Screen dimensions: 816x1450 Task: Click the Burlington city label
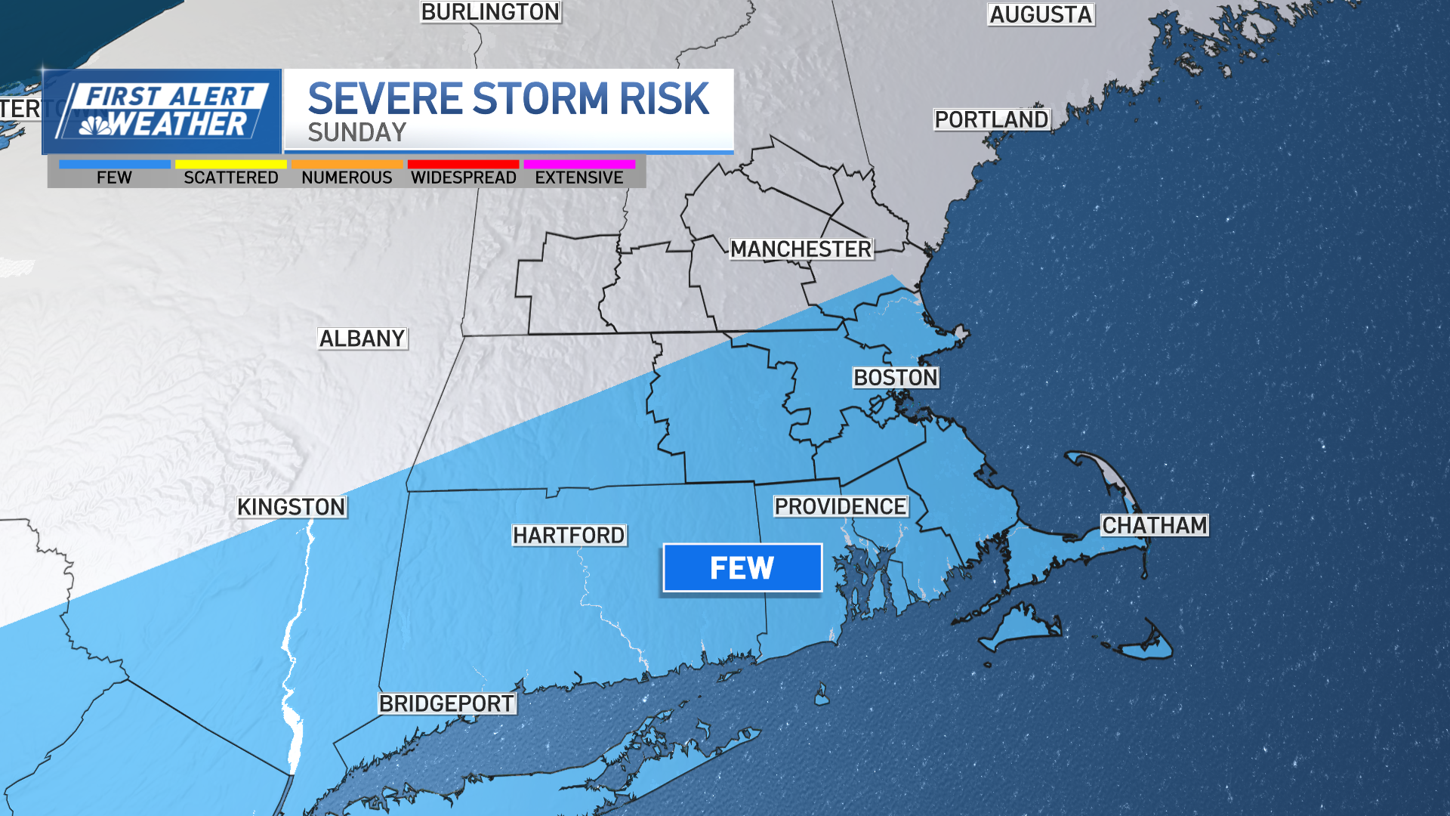(x=490, y=12)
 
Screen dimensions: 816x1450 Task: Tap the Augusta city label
(x=1041, y=14)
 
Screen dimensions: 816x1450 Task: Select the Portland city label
(x=991, y=119)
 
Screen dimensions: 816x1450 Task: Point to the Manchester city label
(x=801, y=249)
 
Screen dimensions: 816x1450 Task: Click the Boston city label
(x=895, y=377)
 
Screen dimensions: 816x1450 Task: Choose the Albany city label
(x=362, y=338)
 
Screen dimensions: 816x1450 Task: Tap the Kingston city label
(x=291, y=506)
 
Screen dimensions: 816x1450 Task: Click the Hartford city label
(x=569, y=535)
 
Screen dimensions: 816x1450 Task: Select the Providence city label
(x=840, y=506)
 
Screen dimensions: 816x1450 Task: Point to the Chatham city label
(x=1154, y=525)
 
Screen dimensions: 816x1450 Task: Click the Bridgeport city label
(x=446, y=703)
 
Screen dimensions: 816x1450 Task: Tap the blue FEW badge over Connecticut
(x=742, y=567)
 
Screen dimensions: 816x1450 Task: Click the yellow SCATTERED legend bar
(x=230, y=164)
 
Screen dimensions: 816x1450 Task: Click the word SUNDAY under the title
(x=356, y=132)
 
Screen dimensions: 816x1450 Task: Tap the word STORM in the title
(x=540, y=99)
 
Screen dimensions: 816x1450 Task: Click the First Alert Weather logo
(x=162, y=111)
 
